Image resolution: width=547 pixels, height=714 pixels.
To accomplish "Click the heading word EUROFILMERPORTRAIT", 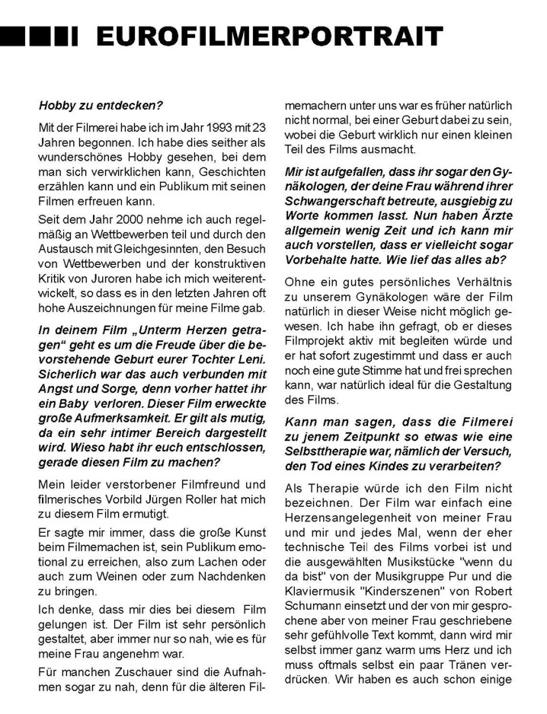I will tap(268, 35).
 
